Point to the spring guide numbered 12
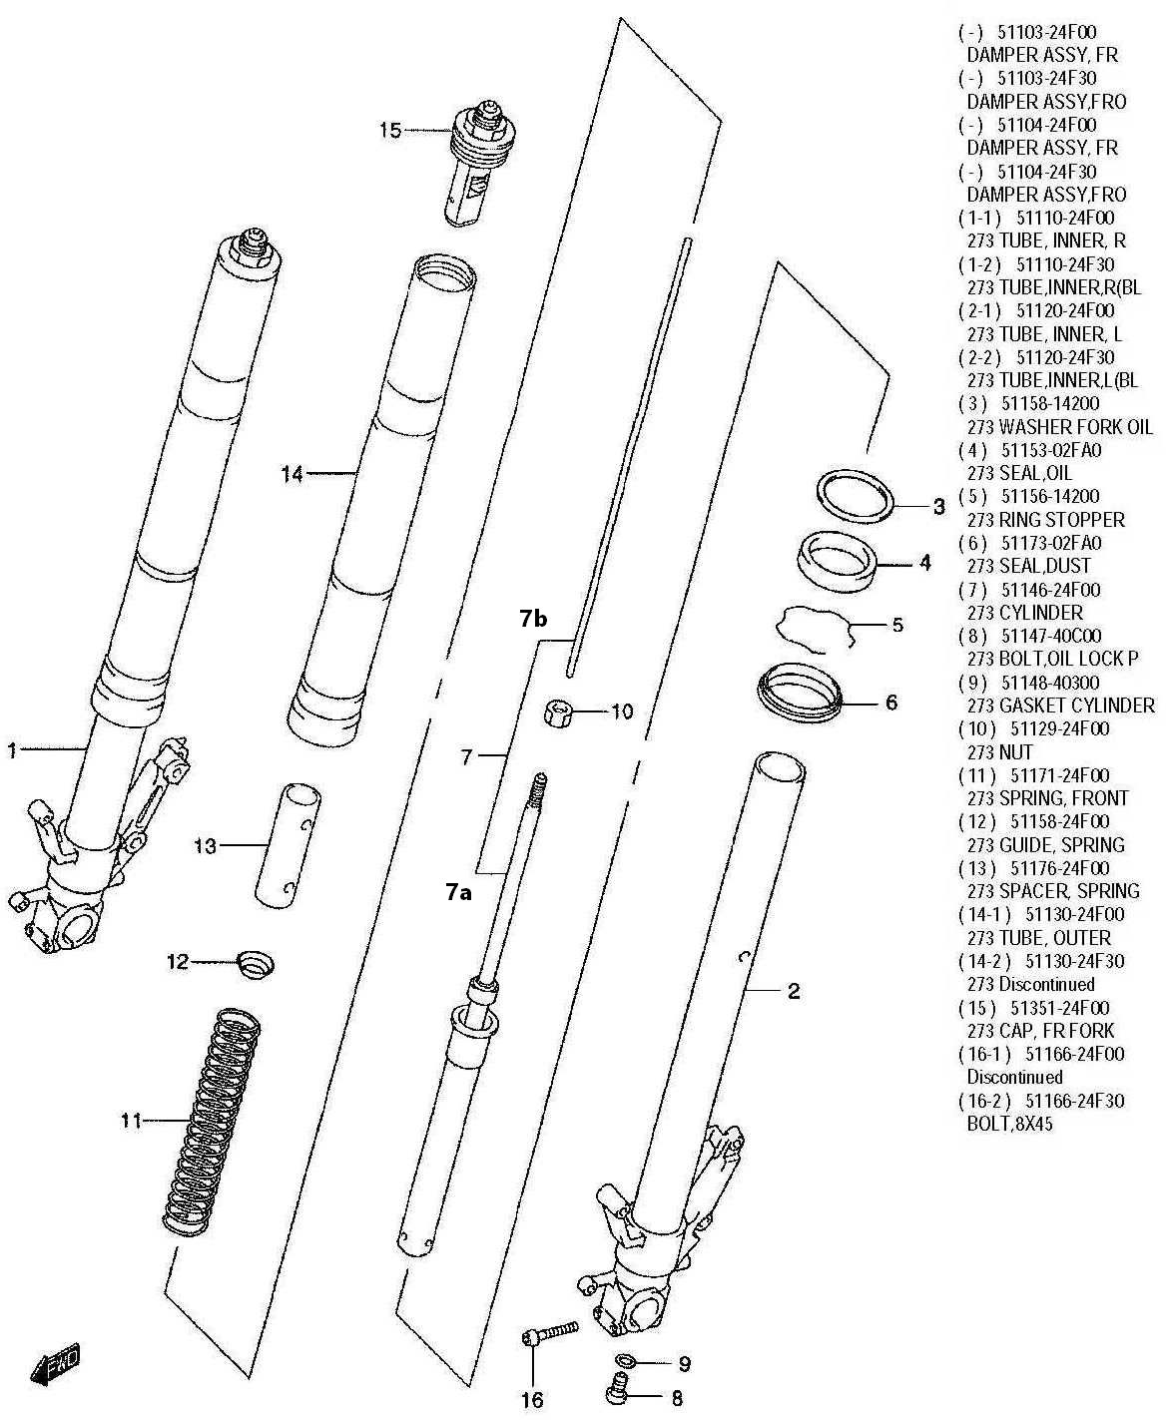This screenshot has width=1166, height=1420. pyautogui.click(x=257, y=963)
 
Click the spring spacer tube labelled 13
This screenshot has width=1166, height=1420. pyautogui.click(x=287, y=845)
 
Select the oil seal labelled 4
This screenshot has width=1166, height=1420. pyautogui.click(x=839, y=562)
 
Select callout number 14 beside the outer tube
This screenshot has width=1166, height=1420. pyautogui.click(x=291, y=474)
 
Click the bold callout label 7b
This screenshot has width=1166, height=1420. pyautogui.click(x=533, y=620)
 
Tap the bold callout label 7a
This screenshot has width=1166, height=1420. pyautogui.click(x=457, y=891)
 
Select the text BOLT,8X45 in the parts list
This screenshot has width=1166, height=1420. pyautogui.click(x=1010, y=1124)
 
